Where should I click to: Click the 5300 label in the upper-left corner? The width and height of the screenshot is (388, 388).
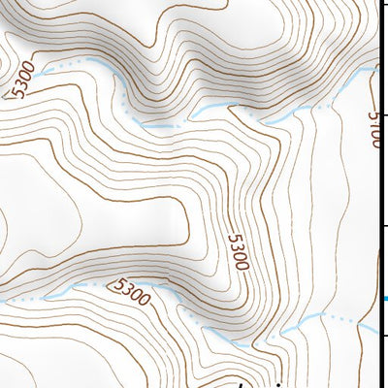pyautogui.click(x=22, y=81)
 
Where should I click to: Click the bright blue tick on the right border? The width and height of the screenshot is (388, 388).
pyautogui.click(x=384, y=299)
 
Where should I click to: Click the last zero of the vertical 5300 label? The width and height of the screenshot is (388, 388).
pyautogui.click(x=241, y=266)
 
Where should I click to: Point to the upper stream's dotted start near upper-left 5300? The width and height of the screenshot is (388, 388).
pyautogui.click(x=58, y=66)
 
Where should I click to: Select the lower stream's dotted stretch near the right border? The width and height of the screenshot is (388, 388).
pyautogui.click(x=339, y=318)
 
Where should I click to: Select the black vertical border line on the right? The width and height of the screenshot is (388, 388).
pyautogui.click(x=380, y=194)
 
